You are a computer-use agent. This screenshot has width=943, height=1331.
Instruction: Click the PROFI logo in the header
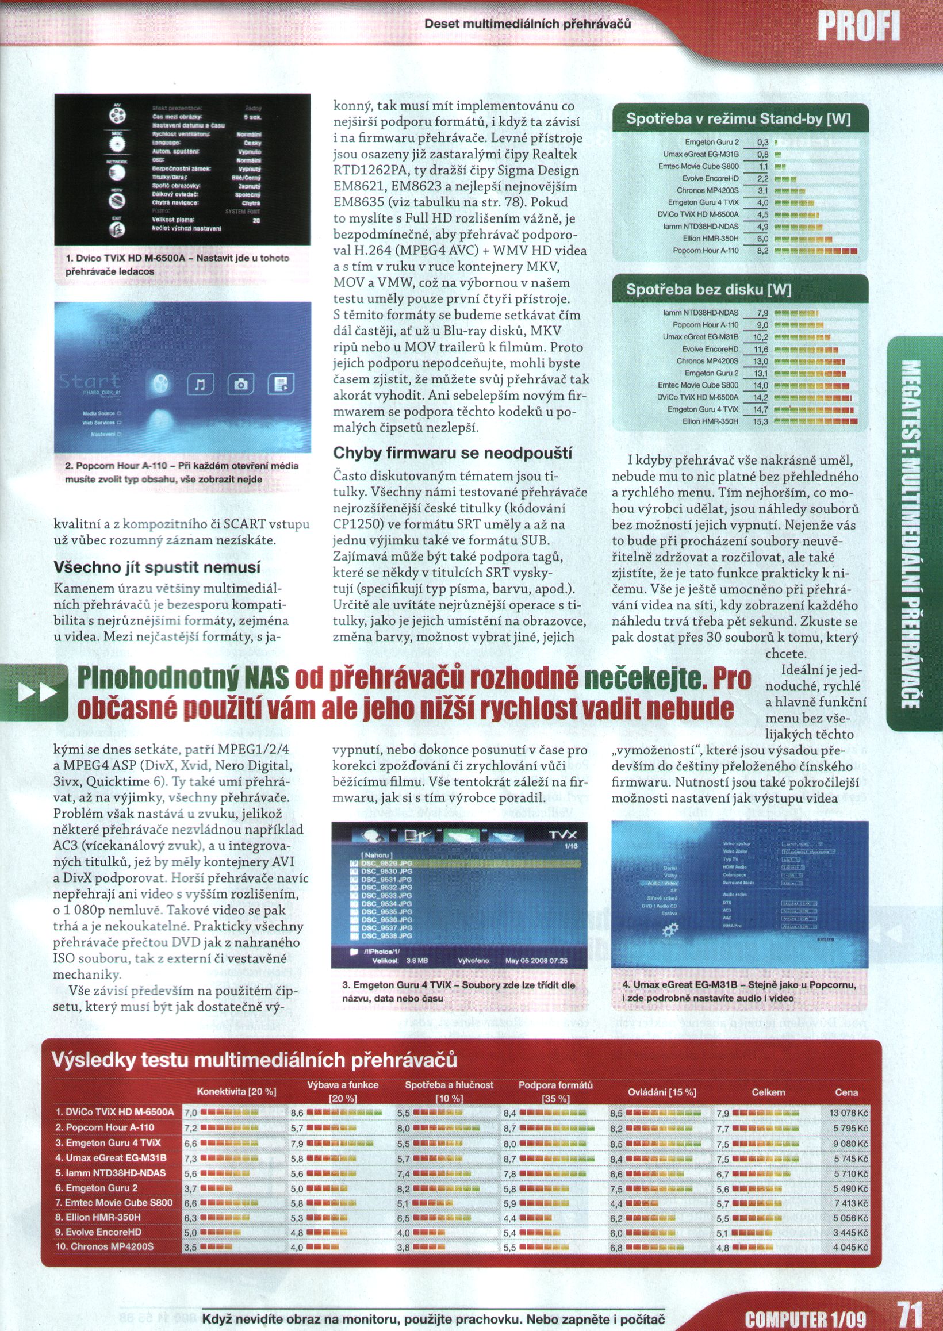pos(858,26)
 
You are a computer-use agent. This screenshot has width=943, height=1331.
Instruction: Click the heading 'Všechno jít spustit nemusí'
pos(157,566)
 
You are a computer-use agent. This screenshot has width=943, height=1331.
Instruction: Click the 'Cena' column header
pos(846,1092)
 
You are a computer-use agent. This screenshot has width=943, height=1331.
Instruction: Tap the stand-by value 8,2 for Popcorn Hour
pos(762,251)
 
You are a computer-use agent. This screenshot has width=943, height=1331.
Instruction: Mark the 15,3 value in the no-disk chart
pos(760,421)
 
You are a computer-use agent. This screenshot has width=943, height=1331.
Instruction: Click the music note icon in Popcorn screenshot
pos(200,383)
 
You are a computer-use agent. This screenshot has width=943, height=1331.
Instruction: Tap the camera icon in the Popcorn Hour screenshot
pos(240,383)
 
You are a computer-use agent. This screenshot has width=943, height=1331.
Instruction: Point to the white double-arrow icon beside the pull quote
pos(38,692)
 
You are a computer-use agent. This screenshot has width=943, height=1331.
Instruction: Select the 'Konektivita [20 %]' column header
pos(236,1092)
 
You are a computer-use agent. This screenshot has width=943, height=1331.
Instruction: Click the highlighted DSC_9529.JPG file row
pos(465,864)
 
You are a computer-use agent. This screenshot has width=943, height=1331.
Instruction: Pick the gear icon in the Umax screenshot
pos(670,929)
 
